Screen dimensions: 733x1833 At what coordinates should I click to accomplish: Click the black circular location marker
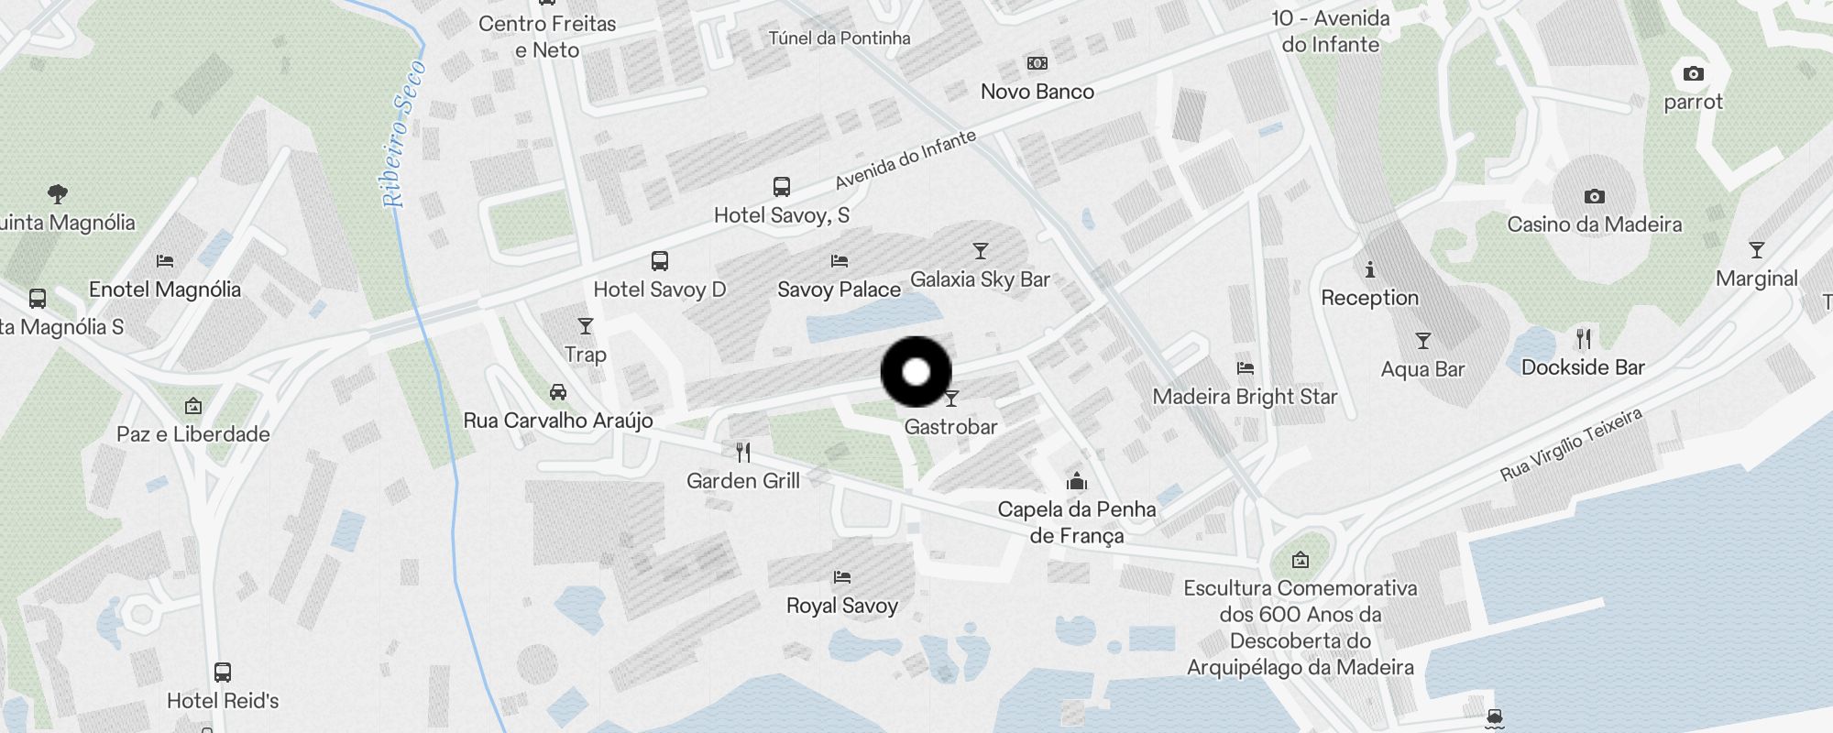(916, 372)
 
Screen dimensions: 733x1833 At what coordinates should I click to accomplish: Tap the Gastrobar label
(950, 426)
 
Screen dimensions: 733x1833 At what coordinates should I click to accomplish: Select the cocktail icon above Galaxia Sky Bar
(981, 251)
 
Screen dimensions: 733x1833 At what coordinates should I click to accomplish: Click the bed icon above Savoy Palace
(840, 261)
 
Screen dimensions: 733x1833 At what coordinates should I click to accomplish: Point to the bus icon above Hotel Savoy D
(660, 261)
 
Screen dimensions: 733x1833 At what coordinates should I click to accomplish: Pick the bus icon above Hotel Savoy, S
(782, 187)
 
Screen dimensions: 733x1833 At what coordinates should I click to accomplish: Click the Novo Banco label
(1037, 92)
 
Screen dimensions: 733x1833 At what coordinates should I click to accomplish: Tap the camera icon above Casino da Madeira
(1595, 196)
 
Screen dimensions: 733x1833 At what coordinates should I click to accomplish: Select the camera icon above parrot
(1694, 73)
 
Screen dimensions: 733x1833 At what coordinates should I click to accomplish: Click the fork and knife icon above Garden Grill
(743, 452)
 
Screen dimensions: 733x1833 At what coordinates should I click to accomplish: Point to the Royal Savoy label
(841, 606)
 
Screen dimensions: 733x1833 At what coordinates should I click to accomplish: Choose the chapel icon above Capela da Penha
(1077, 481)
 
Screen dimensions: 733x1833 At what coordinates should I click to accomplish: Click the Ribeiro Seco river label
(404, 134)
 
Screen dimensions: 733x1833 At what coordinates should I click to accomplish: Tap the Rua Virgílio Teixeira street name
(1571, 445)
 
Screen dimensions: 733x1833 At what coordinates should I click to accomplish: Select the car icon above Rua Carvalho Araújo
(558, 392)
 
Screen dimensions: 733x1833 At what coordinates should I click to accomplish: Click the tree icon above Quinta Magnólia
(58, 194)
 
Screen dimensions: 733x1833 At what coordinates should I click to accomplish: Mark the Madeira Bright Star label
(1245, 397)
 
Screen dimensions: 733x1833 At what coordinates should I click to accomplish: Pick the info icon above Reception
(1370, 269)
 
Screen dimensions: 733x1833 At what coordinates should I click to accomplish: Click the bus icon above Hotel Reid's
(223, 673)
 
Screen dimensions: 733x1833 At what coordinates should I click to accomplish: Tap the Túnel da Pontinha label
(840, 38)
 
